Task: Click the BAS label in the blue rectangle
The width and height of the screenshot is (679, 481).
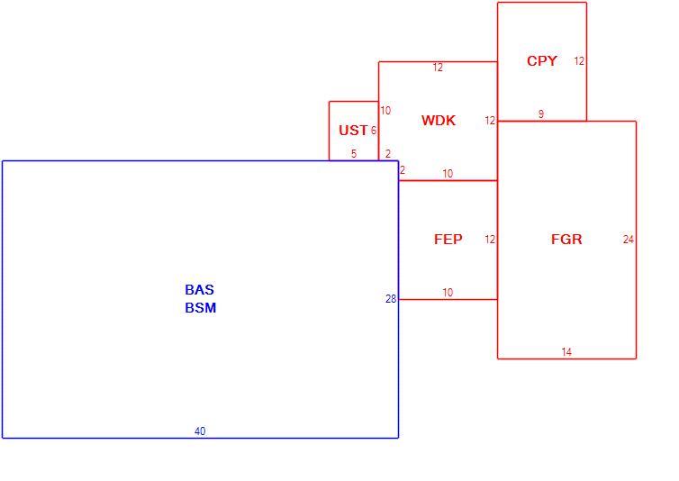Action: coord(200,289)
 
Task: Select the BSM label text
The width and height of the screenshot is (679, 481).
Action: coord(201,308)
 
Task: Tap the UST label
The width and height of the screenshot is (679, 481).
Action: coord(353,131)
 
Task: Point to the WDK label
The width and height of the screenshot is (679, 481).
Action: coord(439,121)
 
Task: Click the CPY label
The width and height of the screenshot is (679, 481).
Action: coord(542,61)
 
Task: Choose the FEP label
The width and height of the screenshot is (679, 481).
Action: coord(448,240)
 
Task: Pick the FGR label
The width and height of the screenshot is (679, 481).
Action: coord(566,240)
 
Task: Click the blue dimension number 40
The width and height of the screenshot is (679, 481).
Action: coord(200,431)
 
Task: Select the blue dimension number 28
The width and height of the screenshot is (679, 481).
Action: coord(391,299)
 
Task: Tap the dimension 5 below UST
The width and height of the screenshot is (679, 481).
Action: coord(354,154)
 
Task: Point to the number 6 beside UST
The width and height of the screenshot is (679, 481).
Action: coord(374,131)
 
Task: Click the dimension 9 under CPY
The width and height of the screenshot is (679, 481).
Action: coord(541,114)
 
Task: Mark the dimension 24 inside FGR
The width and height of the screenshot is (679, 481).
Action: coord(629,240)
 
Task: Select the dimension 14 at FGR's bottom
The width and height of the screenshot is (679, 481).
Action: coord(566,352)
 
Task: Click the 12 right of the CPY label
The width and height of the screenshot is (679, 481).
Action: coord(579,61)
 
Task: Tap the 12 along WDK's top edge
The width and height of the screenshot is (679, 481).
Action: coord(438,68)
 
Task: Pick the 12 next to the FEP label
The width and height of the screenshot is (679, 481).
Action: coord(490,240)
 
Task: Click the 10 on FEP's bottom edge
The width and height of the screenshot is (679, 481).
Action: coord(448,293)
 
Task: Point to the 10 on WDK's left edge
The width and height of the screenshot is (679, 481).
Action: coord(385,111)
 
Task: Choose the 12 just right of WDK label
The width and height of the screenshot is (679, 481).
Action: coord(490,121)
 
